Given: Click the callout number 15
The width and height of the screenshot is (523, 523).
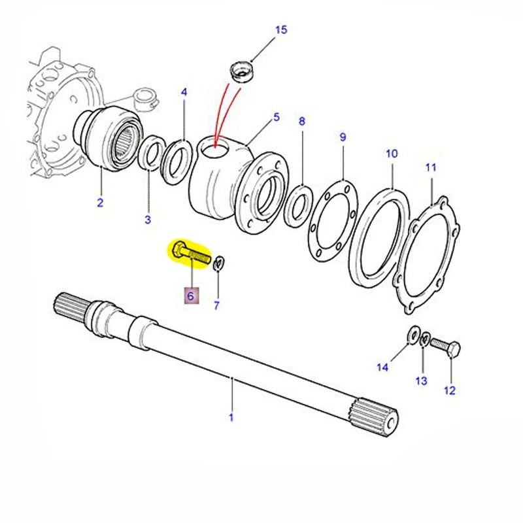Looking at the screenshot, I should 280,30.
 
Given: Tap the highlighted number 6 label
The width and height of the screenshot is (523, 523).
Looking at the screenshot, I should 190,296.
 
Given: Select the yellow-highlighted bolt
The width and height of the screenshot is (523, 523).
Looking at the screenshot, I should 190,252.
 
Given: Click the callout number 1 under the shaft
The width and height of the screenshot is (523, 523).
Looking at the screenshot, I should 230,416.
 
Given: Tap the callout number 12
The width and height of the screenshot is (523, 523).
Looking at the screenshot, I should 449,391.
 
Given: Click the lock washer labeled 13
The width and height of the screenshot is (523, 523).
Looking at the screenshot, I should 424,339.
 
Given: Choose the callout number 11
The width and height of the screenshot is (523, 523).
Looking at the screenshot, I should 430,167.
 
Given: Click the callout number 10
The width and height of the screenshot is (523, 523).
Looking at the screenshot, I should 391,154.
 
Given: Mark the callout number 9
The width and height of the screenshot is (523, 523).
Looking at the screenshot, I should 343,137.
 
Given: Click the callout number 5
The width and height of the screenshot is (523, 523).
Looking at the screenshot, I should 276,117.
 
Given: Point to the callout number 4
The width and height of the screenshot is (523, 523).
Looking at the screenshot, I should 184,93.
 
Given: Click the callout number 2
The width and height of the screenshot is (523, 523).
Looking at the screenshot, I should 100,203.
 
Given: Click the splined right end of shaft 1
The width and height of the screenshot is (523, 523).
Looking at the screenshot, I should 377,416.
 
